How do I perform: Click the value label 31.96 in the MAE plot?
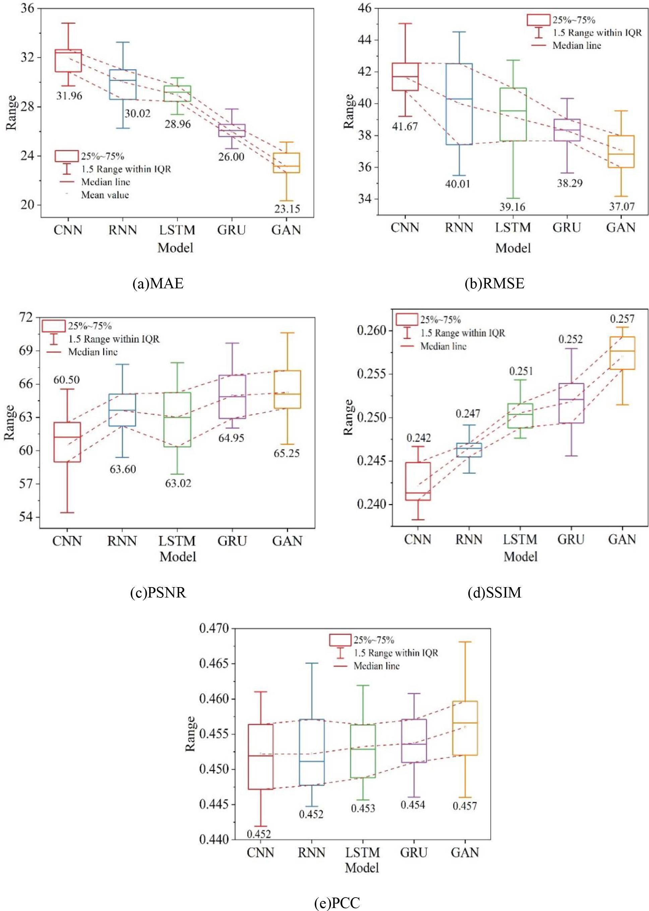coord(69,96)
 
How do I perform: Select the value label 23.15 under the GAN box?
coord(287,209)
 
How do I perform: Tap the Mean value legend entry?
coord(105,195)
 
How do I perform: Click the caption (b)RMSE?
coord(495,283)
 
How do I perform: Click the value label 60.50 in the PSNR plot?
coord(66,380)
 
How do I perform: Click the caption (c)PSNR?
coord(158,592)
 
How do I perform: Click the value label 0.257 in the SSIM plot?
coord(622,319)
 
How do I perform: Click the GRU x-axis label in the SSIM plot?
coord(571,539)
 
